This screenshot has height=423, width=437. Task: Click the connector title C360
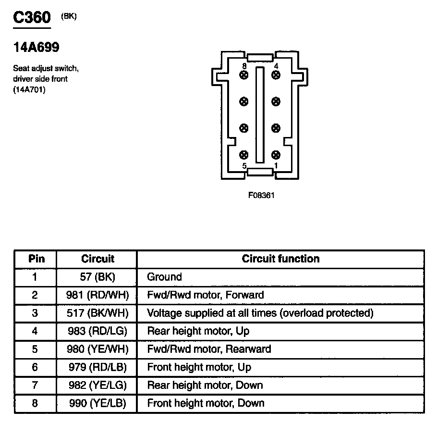(31, 18)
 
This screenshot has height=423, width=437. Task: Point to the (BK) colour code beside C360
(69, 16)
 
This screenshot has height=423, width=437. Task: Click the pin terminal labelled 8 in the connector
(244, 75)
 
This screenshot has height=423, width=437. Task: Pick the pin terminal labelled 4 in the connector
(276, 75)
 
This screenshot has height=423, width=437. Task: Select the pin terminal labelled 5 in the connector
(244, 155)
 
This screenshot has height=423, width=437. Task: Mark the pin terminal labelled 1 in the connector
(276, 155)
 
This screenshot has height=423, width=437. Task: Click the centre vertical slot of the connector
(260, 115)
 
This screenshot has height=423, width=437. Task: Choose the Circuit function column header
(280, 259)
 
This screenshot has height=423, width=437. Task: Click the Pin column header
(36, 259)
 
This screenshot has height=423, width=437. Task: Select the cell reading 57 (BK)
(97, 277)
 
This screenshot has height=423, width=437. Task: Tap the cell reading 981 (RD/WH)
(97, 295)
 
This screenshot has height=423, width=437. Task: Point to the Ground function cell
(165, 277)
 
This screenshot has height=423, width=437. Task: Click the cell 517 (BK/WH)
(97, 313)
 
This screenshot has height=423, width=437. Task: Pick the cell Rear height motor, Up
(198, 331)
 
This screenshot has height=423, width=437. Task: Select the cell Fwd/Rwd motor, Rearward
(209, 349)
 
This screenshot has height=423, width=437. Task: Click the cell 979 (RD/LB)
(97, 367)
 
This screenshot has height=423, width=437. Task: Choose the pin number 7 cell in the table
(35, 385)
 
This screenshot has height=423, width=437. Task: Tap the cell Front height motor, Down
(206, 403)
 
